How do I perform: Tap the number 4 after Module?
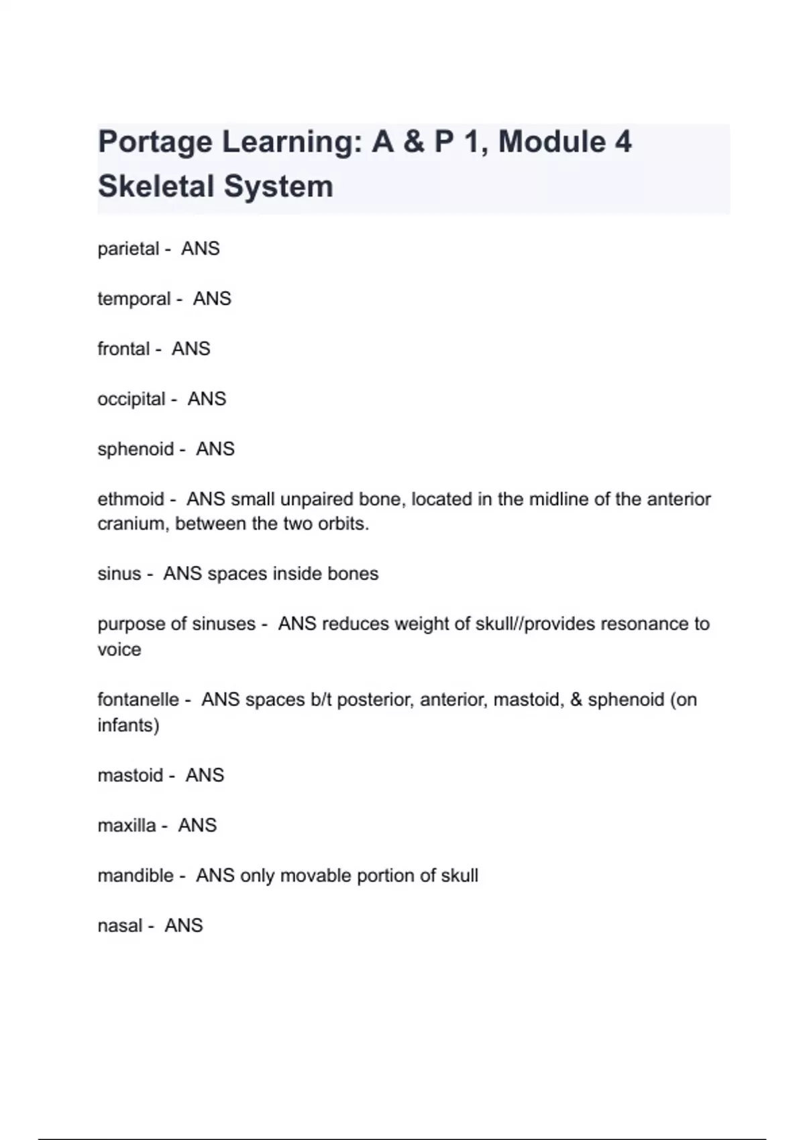pyautogui.click(x=623, y=141)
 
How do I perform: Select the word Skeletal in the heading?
pyautogui.click(x=156, y=186)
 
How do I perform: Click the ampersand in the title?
pyautogui.click(x=414, y=142)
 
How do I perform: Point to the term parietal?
pyautogui.click(x=128, y=249)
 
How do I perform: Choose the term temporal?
pyautogui.click(x=134, y=299)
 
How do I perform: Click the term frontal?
pyautogui.click(x=123, y=349)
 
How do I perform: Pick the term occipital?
pyautogui.click(x=131, y=399)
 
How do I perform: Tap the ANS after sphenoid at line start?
pyautogui.click(x=215, y=449)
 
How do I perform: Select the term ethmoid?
pyautogui.click(x=131, y=499)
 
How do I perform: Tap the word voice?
pyautogui.click(x=119, y=649)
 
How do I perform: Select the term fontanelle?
pyautogui.click(x=138, y=699)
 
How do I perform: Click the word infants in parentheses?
pyautogui.click(x=127, y=725)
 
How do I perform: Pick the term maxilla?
pyautogui.click(x=127, y=825)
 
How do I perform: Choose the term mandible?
pyautogui.click(x=136, y=875)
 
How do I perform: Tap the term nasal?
pyautogui.click(x=120, y=925)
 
